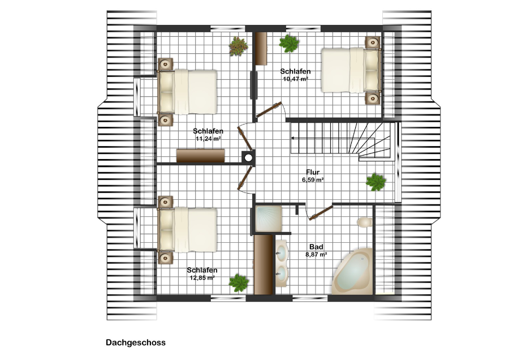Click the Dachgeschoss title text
(x=136, y=342)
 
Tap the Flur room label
(x=313, y=172)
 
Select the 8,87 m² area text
(x=316, y=255)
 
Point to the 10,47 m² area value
(x=295, y=79)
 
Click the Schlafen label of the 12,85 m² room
(x=202, y=271)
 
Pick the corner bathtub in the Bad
(x=352, y=272)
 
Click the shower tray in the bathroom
(x=268, y=218)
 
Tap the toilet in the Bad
(x=365, y=222)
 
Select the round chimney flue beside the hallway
(x=248, y=158)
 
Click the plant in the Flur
(x=376, y=182)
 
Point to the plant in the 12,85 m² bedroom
(x=239, y=282)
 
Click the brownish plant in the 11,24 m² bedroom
(x=239, y=46)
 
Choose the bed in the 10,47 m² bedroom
(x=351, y=70)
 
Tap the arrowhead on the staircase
(x=292, y=138)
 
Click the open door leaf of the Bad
(x=321, y=213)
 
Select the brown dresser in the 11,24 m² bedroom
(x=201, y=156)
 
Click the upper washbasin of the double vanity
(x=282, y=252)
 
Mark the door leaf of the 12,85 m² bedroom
(x=245, y=178)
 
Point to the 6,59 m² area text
(x=313, y=179)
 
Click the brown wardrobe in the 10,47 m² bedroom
(x=261, y=49)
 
